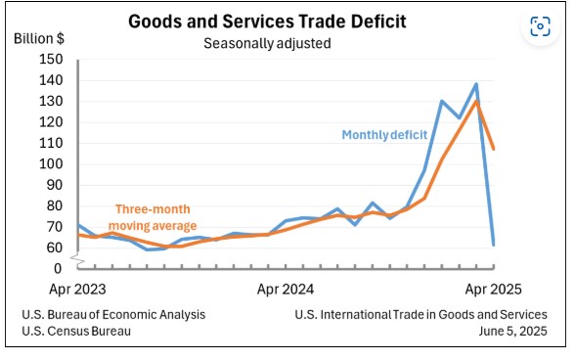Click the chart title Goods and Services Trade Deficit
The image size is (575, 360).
pyautogui.click(x=267, y=22)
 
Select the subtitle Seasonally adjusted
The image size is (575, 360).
pyautogui.click(x=266, y=43)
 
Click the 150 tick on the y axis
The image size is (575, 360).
pyautogui.click(x=51, y=59)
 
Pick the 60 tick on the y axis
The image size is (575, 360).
pyautogui.click(x=54, y=247)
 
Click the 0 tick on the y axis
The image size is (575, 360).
pyautogui.click(x=58, y=267)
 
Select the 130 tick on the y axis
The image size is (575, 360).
pyautogui.click(x=51, y=101)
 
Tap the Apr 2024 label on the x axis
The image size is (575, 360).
pyautogui.click(x=287, y=290)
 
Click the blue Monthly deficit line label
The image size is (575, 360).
pyautogui.click(x=384, y=135)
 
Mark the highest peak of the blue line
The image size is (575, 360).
pyautogui.click(x=476, y=84)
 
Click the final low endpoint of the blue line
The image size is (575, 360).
pyautogui.click(x=493, y=245)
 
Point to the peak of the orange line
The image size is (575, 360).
pyautogui.click(x=476, y=101)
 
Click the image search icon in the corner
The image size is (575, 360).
pyautogui.click(x=539, y=26)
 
